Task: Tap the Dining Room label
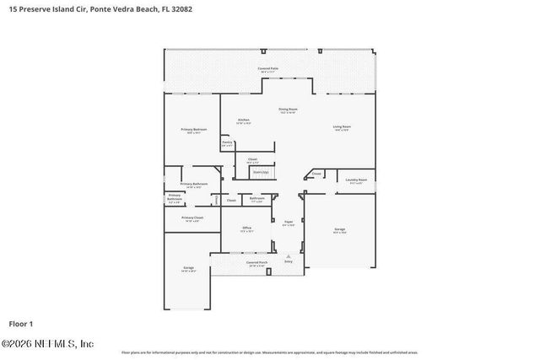(x=288, y=109)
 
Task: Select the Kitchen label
(x=243, y=120)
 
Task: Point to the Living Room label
(x=342, y=126)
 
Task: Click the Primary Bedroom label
(x=193, y=129)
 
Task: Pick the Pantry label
(x=227, y=142)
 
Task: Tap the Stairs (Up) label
(x=261, y=173)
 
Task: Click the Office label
(x=247, y=228)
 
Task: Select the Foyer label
(x=288, y=223)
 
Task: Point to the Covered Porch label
(x=256, y=262)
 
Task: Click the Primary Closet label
(x=192, y=218)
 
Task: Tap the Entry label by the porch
(x=289, y=262)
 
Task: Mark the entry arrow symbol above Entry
(x=289, y=255)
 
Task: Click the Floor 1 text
(x=20, y=324)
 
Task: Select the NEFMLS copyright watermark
(x=48, y=343)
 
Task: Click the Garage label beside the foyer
(x=339, y=229)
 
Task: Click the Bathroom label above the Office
(x=257, y=199)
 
